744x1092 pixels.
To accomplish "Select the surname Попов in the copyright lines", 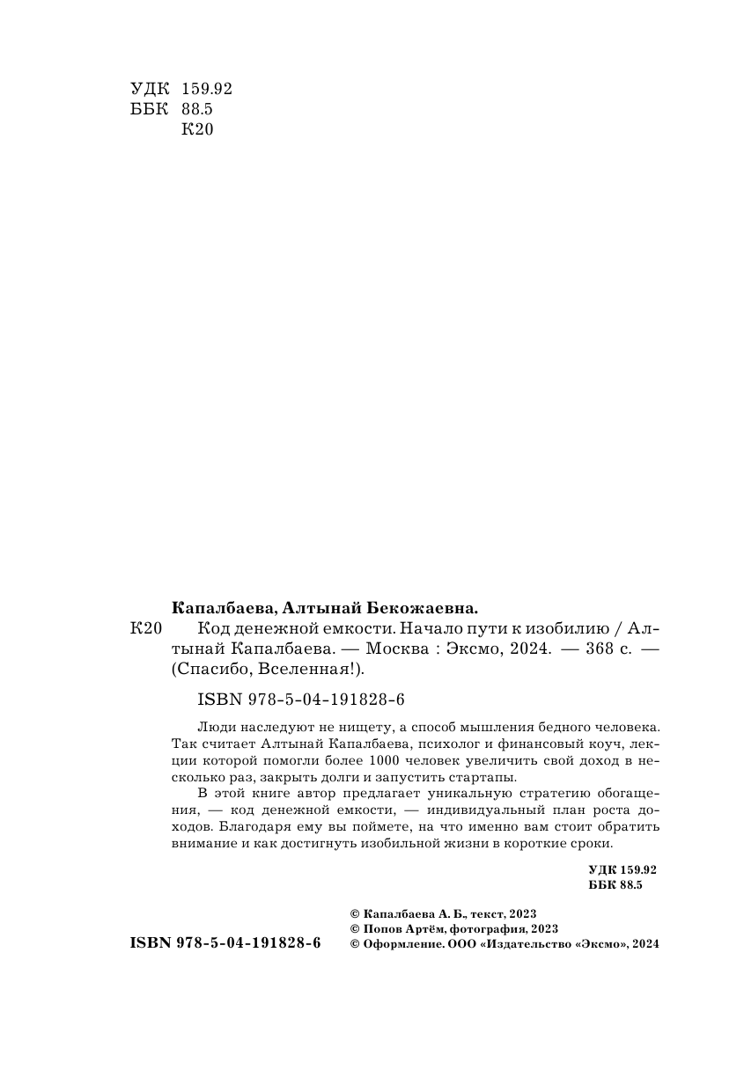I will coord(383,927).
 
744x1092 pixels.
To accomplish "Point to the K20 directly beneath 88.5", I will coord(197,129).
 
